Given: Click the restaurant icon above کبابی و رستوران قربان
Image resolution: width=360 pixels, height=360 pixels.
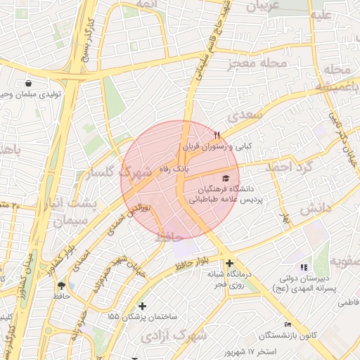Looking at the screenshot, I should coord(217,134).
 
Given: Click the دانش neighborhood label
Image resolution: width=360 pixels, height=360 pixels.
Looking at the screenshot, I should coord(316,209).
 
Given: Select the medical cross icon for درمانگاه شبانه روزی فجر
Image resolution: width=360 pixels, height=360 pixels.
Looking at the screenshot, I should coord(230,263).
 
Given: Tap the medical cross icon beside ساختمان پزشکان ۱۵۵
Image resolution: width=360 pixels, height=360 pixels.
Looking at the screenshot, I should coord(143,306).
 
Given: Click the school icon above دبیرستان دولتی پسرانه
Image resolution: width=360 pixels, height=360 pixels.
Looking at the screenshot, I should coord(304,267).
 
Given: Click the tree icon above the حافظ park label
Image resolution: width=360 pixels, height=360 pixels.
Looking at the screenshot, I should coord(62,285).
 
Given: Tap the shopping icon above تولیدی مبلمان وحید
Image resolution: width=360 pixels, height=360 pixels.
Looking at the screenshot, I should coord(27,83).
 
